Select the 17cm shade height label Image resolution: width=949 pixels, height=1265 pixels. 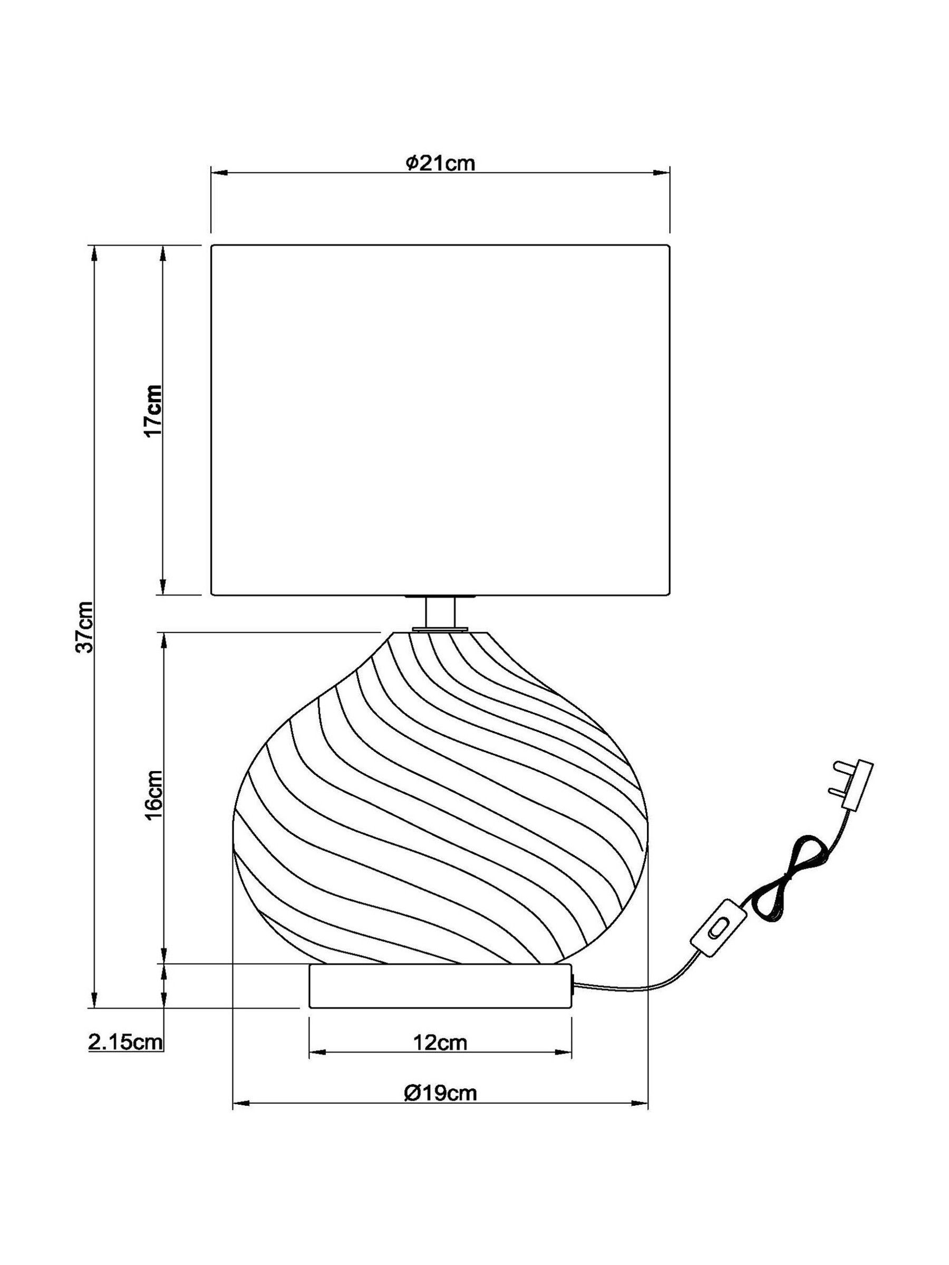tap(153, 411)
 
